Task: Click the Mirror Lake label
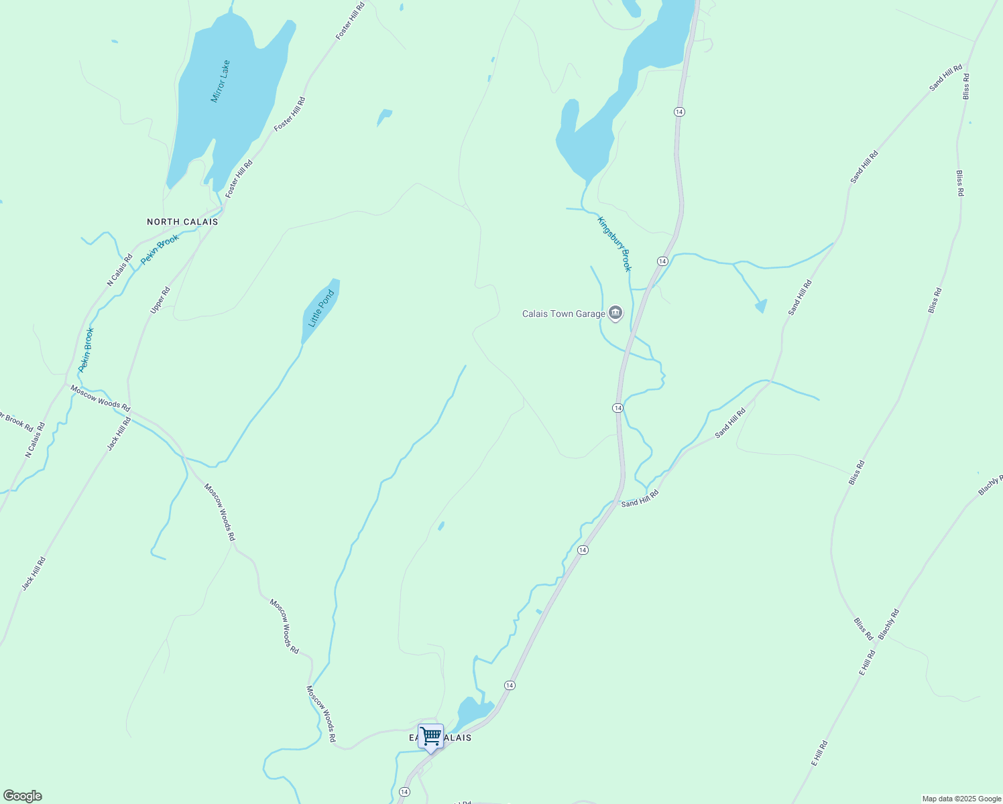pos(221,82)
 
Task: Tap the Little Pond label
pos(320,309)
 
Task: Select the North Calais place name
pos(182,222)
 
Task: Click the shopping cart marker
pos(430,736)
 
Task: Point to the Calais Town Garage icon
pos(615,313)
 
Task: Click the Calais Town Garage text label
pos(563,314)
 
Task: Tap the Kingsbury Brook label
pos(615,244)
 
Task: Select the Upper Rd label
pos(160,300)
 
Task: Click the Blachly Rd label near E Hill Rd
pos(888,624)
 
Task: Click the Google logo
pos(21,796)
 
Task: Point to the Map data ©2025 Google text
pos(961,799)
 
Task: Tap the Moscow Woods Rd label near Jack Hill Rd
pos(100,397)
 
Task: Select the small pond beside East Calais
pos(475,711)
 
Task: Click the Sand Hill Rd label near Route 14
pos(640,498)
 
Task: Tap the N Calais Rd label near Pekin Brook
pos(119,270)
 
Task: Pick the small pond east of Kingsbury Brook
pos(761,306)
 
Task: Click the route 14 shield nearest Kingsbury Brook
pos(662,261)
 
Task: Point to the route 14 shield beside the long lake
pos(679,111)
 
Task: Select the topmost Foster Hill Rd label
pos(350,20)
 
